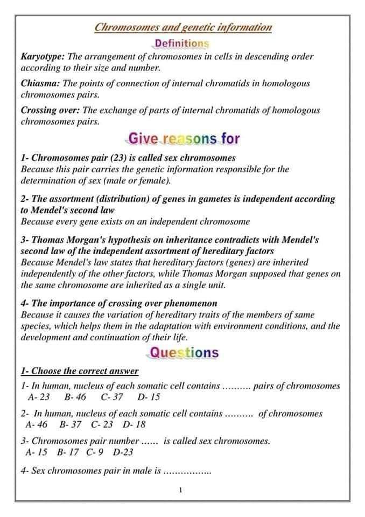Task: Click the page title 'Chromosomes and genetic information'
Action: point(182,27)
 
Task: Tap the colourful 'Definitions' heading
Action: point(181,43)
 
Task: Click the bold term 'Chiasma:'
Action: point(40,83)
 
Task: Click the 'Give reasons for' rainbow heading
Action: point(183,138)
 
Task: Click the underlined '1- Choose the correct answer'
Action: point(80,371)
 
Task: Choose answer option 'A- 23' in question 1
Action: point(38,398)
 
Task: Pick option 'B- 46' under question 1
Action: point(75,398)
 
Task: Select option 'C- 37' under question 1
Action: point(111,398)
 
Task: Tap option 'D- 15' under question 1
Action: point(149,398)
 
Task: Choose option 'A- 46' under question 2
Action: point(36,425)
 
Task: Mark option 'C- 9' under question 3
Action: point(95,452)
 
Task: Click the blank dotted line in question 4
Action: point(187,472)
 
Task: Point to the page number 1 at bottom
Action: point(181,490)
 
